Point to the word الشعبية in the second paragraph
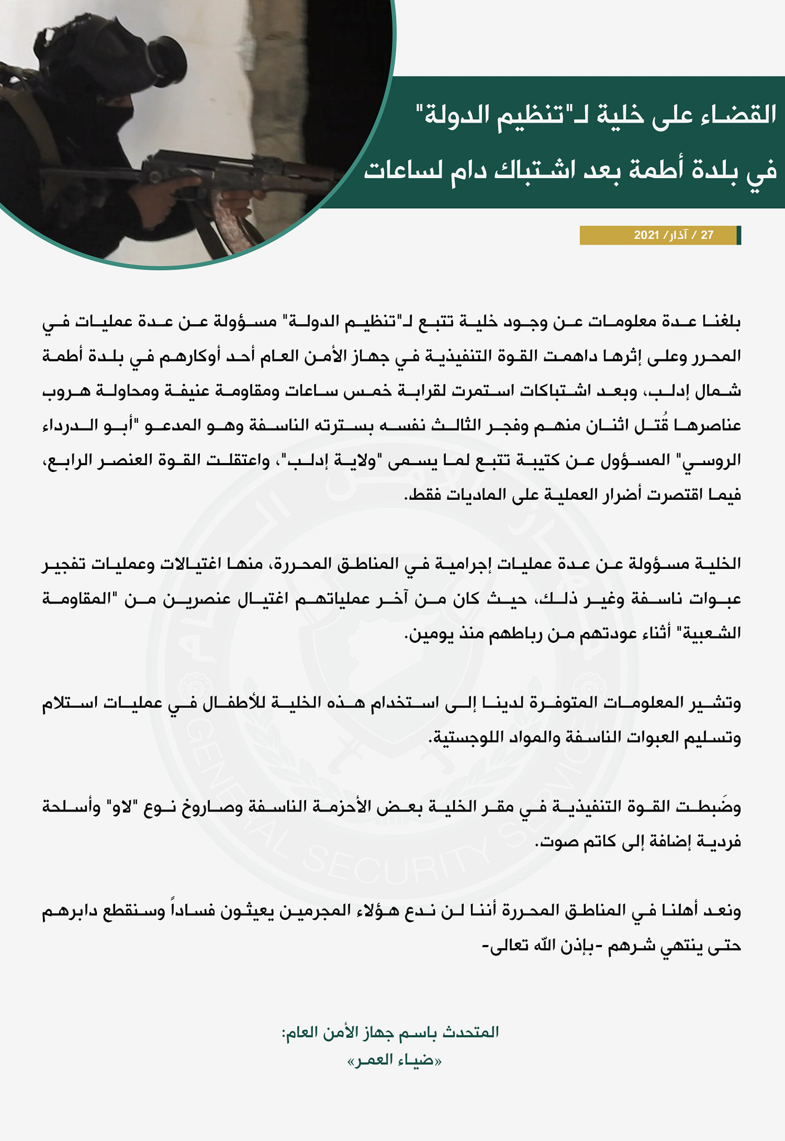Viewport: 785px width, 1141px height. point(712,633)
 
